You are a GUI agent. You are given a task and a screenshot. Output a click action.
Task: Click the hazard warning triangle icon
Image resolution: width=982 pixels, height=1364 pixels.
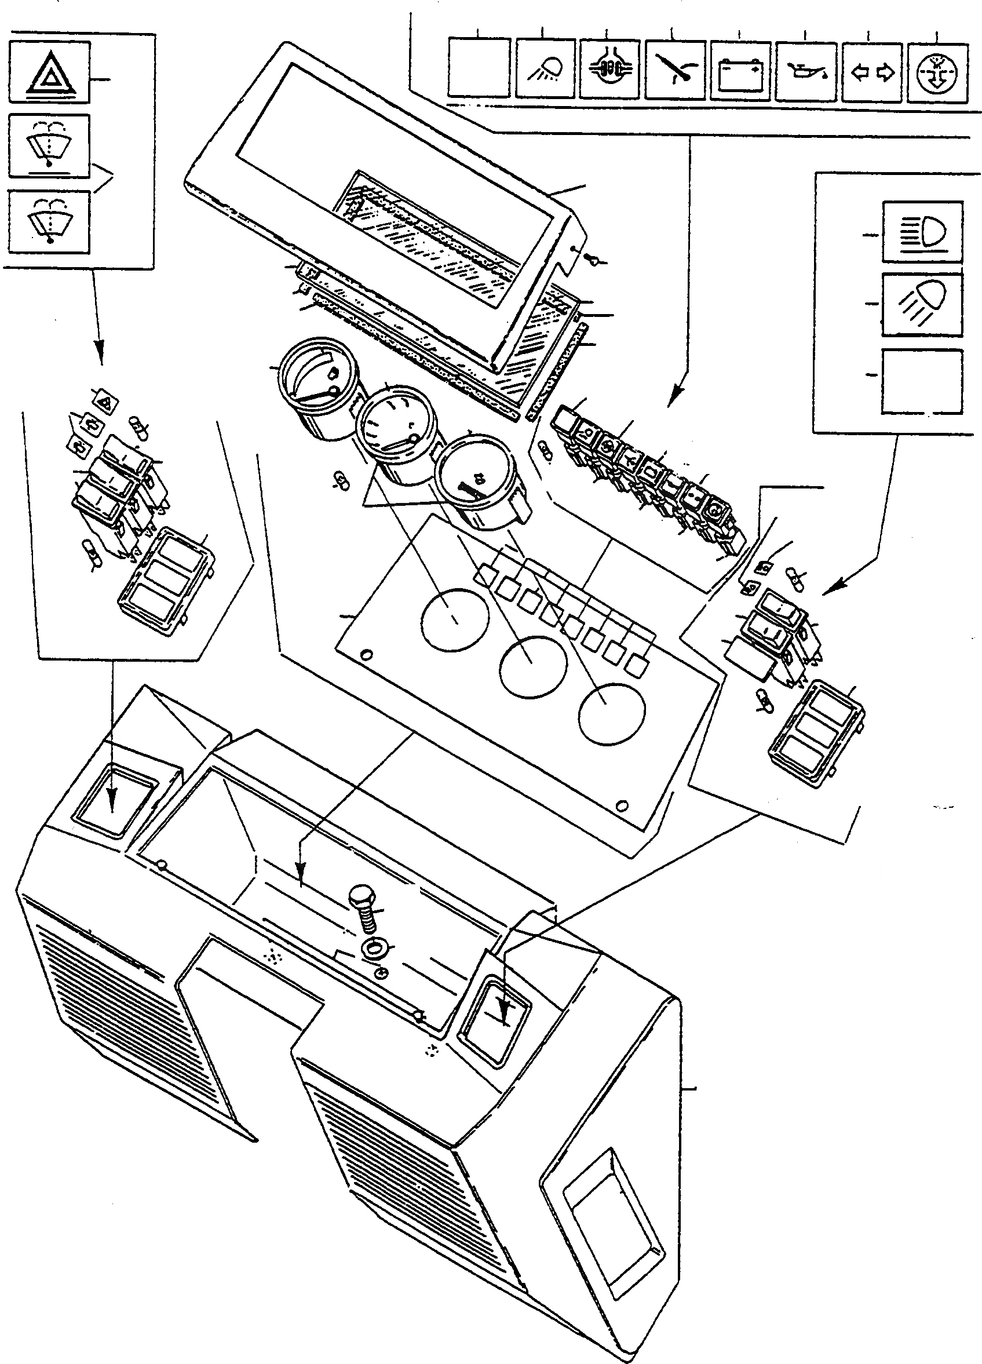49,72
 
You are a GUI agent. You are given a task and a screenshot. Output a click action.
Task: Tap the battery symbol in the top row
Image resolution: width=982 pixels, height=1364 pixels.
740,70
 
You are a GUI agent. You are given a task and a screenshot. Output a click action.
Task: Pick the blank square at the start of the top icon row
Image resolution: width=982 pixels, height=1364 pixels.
479,67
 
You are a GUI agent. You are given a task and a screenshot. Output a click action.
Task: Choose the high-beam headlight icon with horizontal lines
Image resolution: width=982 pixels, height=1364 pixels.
922,232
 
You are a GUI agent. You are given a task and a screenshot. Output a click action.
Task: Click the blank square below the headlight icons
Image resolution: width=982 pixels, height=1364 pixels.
922,381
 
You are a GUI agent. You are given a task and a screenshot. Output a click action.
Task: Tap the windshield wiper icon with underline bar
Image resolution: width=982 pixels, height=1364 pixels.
49,146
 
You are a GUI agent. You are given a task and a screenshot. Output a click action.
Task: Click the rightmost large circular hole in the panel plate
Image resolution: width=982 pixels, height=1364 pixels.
612,711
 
